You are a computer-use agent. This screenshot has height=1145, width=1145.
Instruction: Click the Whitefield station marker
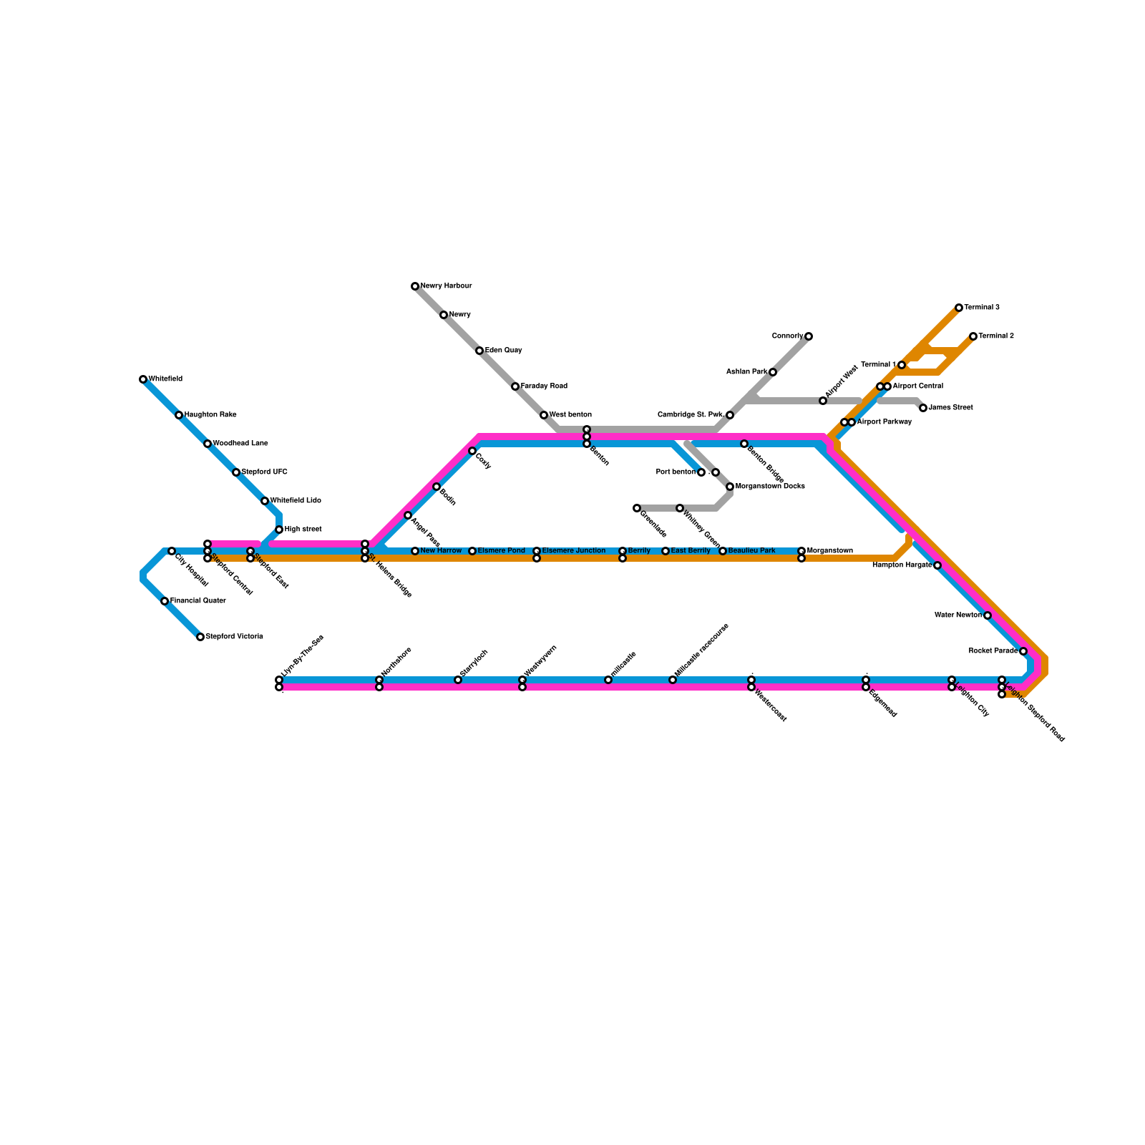143,379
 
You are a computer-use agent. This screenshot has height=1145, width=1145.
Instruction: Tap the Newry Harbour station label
446,286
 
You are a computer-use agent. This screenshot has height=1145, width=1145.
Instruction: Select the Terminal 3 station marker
959,308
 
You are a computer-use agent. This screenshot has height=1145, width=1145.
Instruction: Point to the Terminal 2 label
996,336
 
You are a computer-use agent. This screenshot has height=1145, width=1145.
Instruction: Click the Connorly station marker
809,336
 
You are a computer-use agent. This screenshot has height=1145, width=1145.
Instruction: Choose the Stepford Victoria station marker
200,637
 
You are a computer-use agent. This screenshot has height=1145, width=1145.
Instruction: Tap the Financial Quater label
198,601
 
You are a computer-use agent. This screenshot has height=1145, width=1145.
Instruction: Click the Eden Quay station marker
479,351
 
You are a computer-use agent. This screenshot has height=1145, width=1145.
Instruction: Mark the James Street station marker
923,408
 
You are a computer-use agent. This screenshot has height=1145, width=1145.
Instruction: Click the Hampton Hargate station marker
937,565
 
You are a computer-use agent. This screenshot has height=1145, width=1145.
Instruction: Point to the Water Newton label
958,615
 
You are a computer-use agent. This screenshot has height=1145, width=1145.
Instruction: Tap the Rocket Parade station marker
1023,651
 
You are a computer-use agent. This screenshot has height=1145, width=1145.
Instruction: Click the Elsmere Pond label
501,551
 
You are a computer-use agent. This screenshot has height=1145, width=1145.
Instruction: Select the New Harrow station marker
415,551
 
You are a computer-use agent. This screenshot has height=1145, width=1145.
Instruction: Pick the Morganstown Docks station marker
730,487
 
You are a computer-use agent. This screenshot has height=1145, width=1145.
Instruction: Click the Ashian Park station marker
773,372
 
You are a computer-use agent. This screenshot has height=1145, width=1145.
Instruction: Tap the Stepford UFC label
264,472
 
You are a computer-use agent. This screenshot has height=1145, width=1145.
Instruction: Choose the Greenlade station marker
637,508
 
